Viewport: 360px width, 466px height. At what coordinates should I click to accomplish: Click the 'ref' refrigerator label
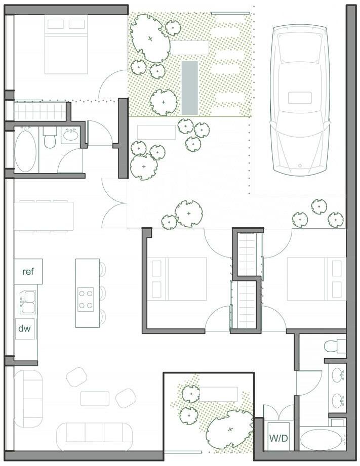pyautogui.click(x=28, y=271)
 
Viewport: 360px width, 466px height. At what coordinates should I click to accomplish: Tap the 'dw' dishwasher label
pyautogui.click(x=24, y=328)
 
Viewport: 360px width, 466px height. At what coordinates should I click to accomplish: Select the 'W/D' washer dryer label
pyautogui.click(x=278, y=438)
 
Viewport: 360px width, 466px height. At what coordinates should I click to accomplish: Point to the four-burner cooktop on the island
pyautogui.click(x=86, y=299)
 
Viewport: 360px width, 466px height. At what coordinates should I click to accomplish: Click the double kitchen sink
pyautogui.click(x=27, y=302)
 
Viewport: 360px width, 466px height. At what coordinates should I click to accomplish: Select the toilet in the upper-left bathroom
pyautogui.click(x=50, y=138)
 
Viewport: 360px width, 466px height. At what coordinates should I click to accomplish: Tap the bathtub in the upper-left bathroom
pyautogui.click(x=26, y=150)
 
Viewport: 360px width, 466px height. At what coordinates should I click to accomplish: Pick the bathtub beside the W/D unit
pyautogui.click(x=323, y=440)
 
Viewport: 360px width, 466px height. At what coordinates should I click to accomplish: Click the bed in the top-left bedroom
pyautogui.click(x=66, y=45)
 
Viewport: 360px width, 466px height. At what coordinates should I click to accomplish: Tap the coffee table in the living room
pyautogui.click(x=95, y=399)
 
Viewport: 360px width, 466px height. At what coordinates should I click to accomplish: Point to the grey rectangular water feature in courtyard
pyautogui.click(x=190, y=88)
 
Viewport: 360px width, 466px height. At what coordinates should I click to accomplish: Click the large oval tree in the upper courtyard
pyautogui.click(x=150, y=38)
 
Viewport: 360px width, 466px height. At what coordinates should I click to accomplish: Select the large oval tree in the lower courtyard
pyautogui.click(x=230, y=429)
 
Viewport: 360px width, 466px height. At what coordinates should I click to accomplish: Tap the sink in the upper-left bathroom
pyautogui.click(x=70, y=136)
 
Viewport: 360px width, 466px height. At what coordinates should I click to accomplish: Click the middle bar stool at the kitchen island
pyautogui.click(x=103, y=293)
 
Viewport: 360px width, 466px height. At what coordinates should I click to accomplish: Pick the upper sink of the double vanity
pyautogui.click(x=338, y=375)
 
